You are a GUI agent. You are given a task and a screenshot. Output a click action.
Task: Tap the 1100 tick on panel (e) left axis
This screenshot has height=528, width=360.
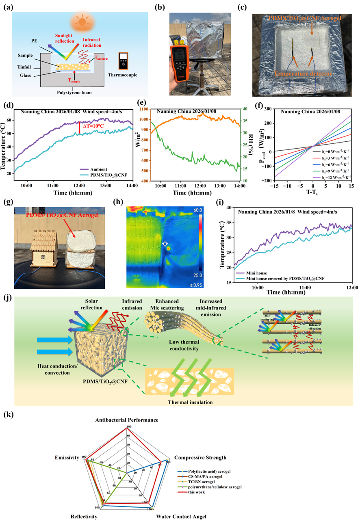pyautogui.click(x=142, y=109)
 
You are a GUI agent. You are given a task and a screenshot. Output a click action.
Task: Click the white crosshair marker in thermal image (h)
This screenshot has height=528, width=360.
pyautogui.click(x=165, y=244)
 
